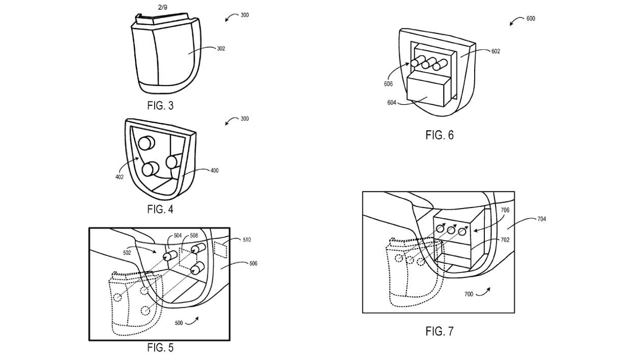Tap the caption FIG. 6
click(439, 135)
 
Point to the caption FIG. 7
click(439, 332)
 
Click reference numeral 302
click(220, 49)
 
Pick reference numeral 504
click(177, 236)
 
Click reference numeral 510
click(246, 239)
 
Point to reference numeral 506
click(253, 263)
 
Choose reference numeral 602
click(495, 51)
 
